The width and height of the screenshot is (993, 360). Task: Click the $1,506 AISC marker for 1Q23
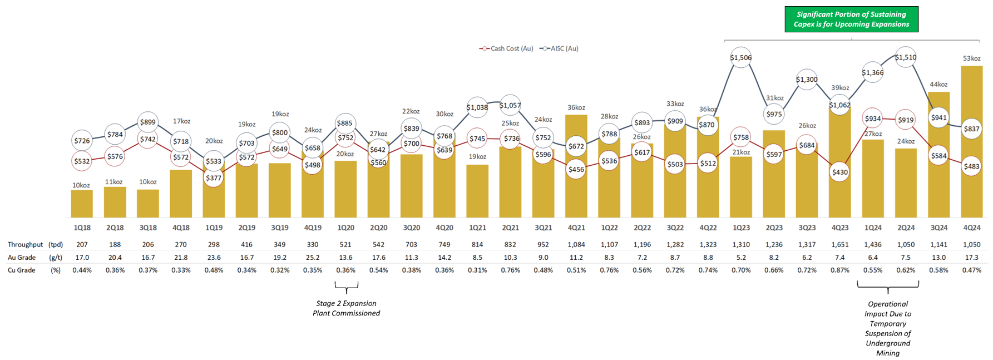(740, 58)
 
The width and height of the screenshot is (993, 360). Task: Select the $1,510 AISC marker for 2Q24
(906, 57)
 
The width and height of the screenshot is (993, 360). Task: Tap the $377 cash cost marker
(214, 178)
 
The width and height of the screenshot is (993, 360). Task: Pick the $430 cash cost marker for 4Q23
(839, 172)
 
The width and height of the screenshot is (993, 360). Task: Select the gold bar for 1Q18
(82, 204)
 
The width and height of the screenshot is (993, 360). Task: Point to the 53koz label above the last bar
(971, 58)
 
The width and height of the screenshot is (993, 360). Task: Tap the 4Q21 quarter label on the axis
(576, 228)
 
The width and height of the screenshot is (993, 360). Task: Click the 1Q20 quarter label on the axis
(345, 228)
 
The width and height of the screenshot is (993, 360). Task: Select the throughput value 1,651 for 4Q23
(839, 244)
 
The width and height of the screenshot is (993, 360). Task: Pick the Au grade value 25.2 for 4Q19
(313, 257)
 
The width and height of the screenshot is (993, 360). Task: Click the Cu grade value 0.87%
(839, 270)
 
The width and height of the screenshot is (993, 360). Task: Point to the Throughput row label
(26, 244)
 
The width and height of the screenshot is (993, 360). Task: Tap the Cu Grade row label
(22, 270)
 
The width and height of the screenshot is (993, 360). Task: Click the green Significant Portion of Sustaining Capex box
(851, 19)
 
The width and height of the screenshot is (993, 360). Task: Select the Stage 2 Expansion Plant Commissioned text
(346, 308)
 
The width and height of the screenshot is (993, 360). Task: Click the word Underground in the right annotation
(888, 343)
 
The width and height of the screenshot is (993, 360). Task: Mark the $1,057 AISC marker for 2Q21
(510, 106)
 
